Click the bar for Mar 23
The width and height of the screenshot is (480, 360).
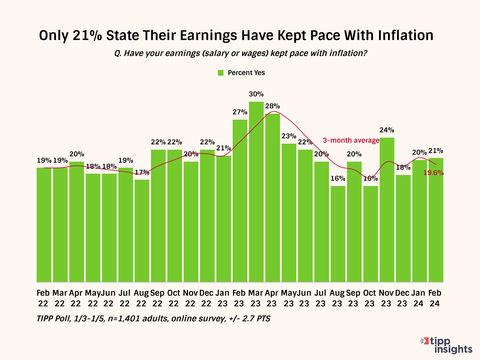tap(256, 192)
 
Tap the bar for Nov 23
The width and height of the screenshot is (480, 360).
tap(387, 210)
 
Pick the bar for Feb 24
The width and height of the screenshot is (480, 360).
tap(436, 220)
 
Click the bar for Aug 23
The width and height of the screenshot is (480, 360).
tap(338, 234)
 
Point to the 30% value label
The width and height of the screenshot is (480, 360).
tap(256, 94)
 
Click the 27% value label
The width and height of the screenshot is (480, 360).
tap(240, 112)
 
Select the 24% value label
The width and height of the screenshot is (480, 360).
tap(387, 130)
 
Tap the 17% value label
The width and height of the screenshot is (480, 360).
tap(142, 172)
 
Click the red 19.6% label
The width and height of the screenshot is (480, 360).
tap(433, 173)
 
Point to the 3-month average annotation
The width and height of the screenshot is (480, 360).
tap(351, 140)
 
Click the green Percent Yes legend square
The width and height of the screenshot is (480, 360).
tap(220, 73)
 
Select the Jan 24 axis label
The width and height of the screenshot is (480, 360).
tap(418, 298)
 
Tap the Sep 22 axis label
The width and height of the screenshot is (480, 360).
tap(157, 298)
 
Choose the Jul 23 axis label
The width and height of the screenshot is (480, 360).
tap(320, 298)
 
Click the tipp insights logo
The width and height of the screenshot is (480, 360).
tap(447, 345)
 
